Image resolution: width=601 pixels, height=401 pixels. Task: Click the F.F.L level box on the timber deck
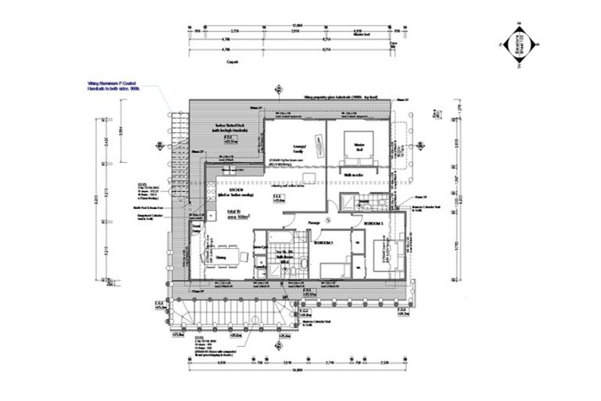[229, 139]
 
